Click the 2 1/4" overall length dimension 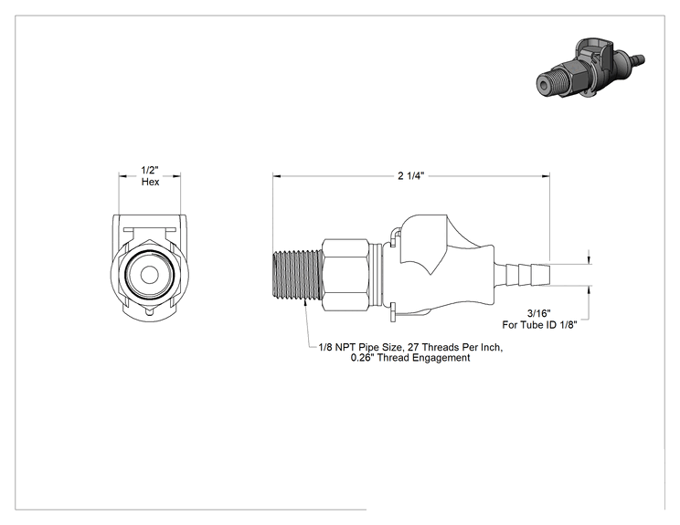(410, 175)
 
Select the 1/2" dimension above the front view (150, 170)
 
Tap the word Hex (150, 182)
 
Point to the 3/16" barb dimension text (538, 313)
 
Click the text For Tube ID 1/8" (539, 325)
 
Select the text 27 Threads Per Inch (455, 347)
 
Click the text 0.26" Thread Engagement (410, 358)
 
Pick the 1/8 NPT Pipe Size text (361, 347)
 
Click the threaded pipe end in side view (297, 275)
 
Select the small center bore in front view (150, 274)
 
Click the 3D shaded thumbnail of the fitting (590, 68)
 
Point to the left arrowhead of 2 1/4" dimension (277, 176)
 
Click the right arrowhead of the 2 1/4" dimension (546, 176)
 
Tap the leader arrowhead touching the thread (306, 303)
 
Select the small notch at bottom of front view (150, 313)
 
